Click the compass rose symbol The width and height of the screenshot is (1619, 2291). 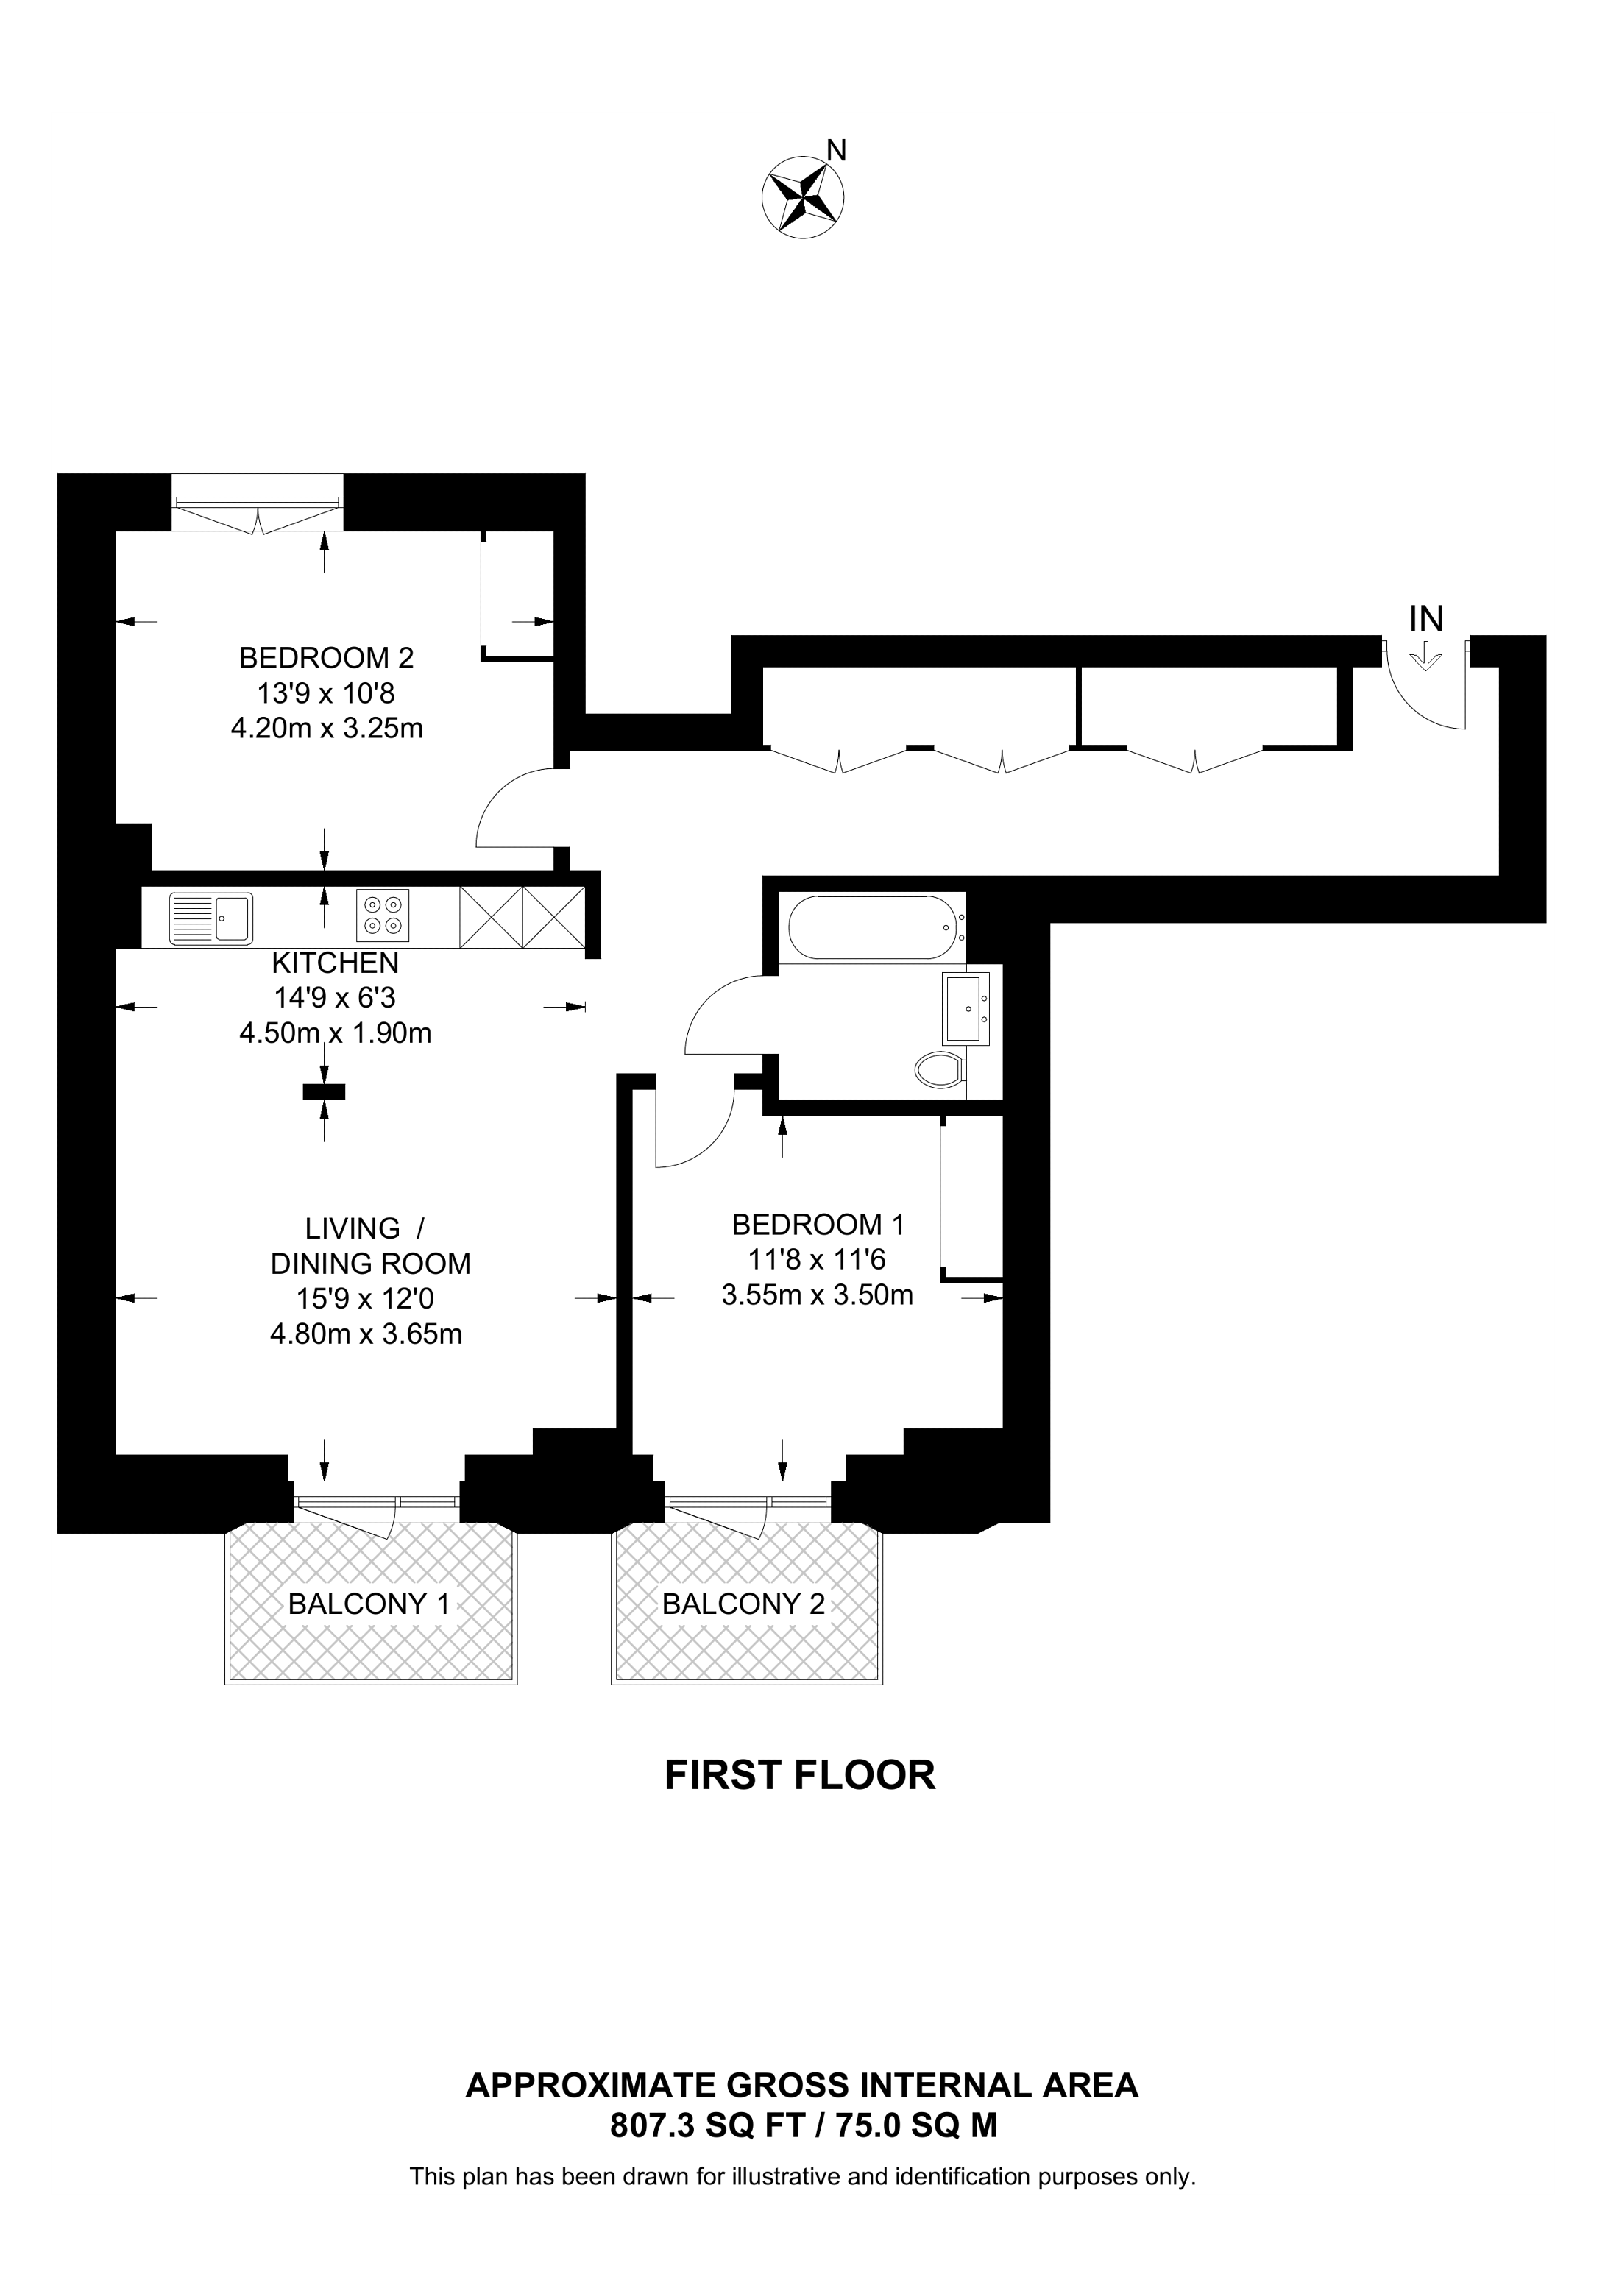(x=802, y=196)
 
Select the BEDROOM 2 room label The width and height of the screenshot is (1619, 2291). (x=326, y=659)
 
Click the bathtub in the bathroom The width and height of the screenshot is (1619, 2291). (x=873, y=928)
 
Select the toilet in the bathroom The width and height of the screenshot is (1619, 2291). (x=939, y=1071)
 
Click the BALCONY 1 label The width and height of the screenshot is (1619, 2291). (x=369, y=1604)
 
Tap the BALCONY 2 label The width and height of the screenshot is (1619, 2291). (x=743, y=1604)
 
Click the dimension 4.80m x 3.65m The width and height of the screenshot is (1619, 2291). (x=366, y=1334)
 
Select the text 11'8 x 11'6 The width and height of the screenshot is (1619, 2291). (x=817, y=1259)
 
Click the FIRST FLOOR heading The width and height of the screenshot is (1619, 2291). (x=800, y=1775)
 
